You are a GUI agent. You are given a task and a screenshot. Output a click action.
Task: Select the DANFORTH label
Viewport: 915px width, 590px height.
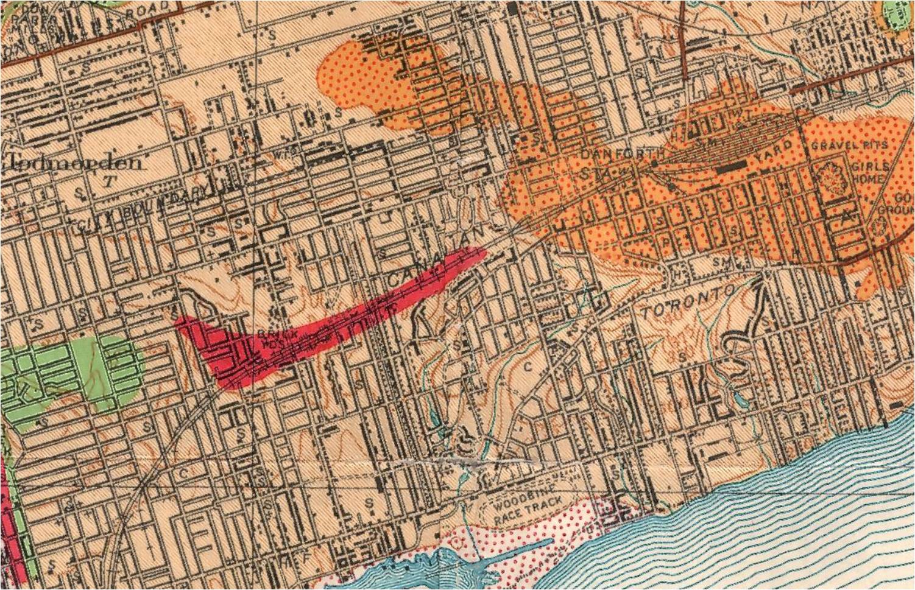[616, 154]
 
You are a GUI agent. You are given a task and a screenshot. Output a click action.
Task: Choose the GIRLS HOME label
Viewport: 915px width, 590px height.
[871, 173]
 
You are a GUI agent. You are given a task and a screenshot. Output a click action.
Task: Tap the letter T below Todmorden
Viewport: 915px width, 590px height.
[109, 181]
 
